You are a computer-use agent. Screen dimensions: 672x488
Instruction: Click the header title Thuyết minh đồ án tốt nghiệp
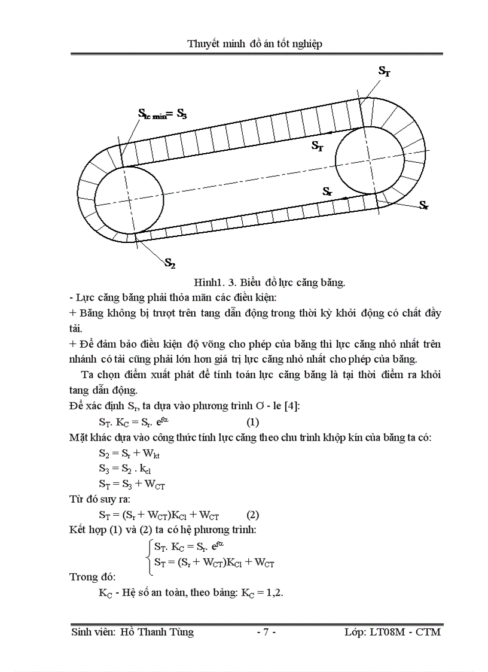coord(255,44)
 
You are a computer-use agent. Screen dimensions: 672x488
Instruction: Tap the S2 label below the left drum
coord(170,263)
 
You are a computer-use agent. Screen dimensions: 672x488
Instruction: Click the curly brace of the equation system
coord(149,555)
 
